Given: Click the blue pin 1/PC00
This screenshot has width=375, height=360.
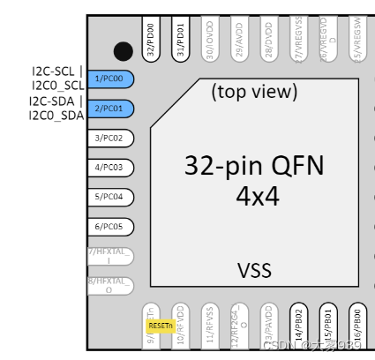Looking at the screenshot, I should point(112,79).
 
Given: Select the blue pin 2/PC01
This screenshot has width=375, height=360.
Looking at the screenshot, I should point(112,108).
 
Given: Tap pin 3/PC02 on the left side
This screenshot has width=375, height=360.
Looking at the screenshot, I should point(112,138).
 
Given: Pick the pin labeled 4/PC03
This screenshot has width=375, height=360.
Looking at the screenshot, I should point(112,167).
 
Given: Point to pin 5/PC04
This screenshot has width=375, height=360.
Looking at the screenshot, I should point(112,196).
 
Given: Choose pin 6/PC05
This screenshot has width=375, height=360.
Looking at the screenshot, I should point(112,226).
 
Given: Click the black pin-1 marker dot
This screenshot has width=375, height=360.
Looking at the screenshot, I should point(124,53).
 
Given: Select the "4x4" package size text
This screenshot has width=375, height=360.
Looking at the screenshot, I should point(257,196).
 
